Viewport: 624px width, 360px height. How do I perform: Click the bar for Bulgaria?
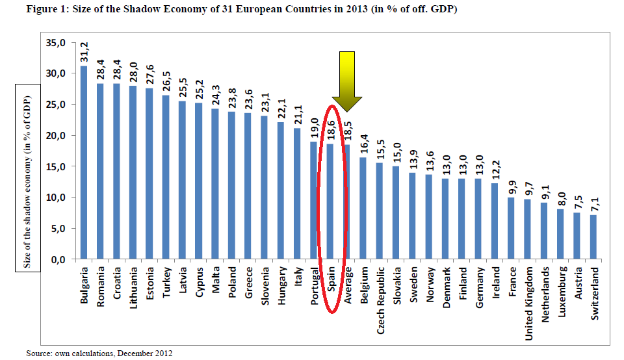pos(84,162)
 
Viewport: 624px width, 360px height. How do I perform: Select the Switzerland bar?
pos(593,237)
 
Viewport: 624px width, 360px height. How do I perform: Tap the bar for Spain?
pos(330,201)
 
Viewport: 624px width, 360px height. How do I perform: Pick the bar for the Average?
pos(347,201)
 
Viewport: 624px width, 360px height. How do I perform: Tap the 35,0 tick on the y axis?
pos(57,43)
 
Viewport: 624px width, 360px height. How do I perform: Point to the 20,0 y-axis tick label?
pos(57,136)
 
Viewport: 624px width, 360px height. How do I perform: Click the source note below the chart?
pos(99,353)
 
